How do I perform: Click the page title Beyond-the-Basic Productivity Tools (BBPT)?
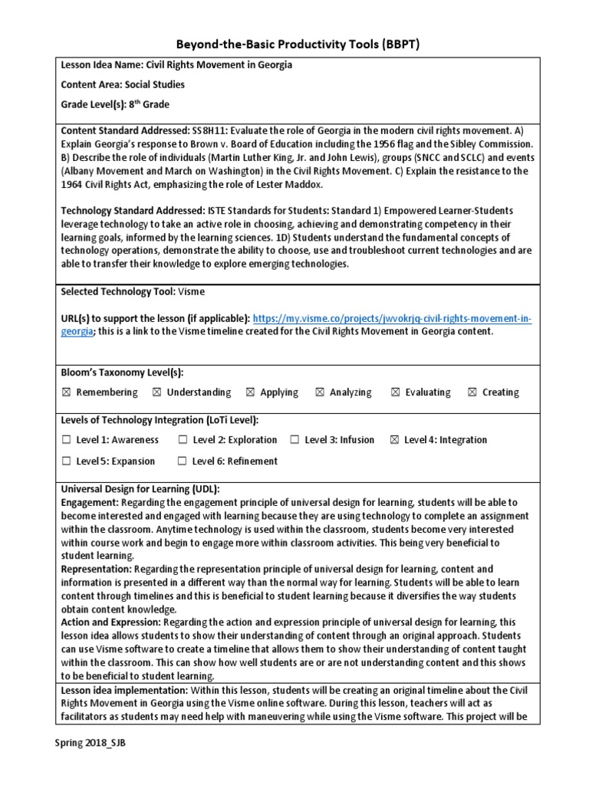click(x=294, y=44)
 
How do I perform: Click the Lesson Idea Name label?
click(x=103, y=65)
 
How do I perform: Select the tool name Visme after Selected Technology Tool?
click(x=191, y=292)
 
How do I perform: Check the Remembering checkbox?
click(x=66, y=392)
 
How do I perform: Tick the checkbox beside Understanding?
click(x=157, y=392)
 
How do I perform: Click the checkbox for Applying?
click(x=251, y=392)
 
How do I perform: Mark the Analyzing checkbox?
click(x=320, y=392)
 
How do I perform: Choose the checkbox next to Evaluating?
click(x=396, y=392)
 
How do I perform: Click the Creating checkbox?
click(x=472, y=392)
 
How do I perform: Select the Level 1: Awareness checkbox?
click(x=66, y=440)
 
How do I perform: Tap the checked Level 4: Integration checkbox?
click(x=395, y=440)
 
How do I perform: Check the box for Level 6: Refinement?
click(x=183, y=461)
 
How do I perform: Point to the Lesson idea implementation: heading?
click(x=123, y=691)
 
